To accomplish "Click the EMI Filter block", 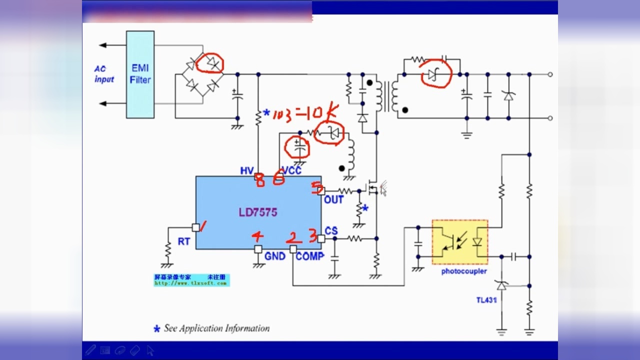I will pos(140,74).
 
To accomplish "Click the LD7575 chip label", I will pos(257,212).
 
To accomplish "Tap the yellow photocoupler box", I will pos(459,242).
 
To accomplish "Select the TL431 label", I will pos(486,300).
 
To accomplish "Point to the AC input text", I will pos(104,74).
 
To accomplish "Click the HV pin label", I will pos(246,171).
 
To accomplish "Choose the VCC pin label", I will pos(291,171).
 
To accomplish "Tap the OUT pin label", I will pos(333,200).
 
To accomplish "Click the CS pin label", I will pos(331,231).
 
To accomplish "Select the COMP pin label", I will pos(309,256).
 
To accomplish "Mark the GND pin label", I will pos(274,256).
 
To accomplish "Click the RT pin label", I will pos(184,241).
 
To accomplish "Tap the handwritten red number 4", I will pos(257,236).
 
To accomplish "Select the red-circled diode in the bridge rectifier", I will pos(209,63).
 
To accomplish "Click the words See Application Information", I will pos(216,328).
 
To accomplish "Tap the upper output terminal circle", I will pos(550,74).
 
